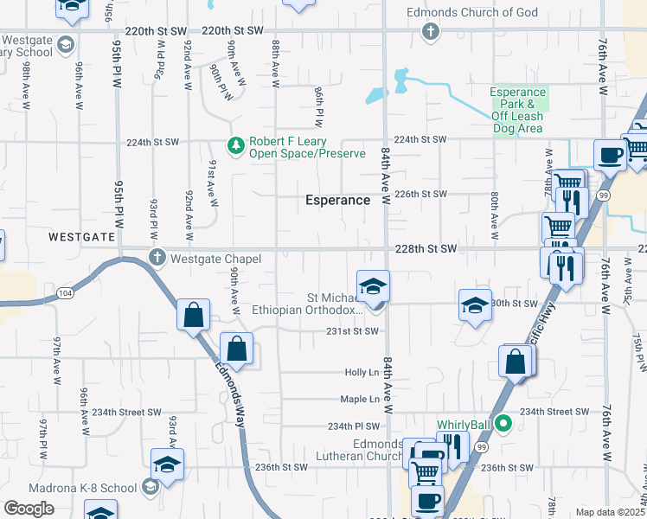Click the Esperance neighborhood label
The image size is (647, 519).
point(337,200)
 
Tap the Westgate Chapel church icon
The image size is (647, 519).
point(157,258)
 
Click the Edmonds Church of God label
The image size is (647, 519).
point(474,12)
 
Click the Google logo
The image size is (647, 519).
point(29,509)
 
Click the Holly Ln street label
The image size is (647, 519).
point(362,373)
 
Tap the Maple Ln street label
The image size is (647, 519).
point(360,400)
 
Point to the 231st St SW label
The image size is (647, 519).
point(353,331)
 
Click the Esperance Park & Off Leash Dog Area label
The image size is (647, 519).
point(518,111)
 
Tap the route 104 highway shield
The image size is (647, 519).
point(64,294)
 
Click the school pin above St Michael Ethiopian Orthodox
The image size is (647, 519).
point(373,286)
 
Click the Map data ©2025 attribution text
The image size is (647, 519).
point(611,512)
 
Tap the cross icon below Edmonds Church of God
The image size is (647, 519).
point(430,33)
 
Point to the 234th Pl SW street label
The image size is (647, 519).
point(354,426)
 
